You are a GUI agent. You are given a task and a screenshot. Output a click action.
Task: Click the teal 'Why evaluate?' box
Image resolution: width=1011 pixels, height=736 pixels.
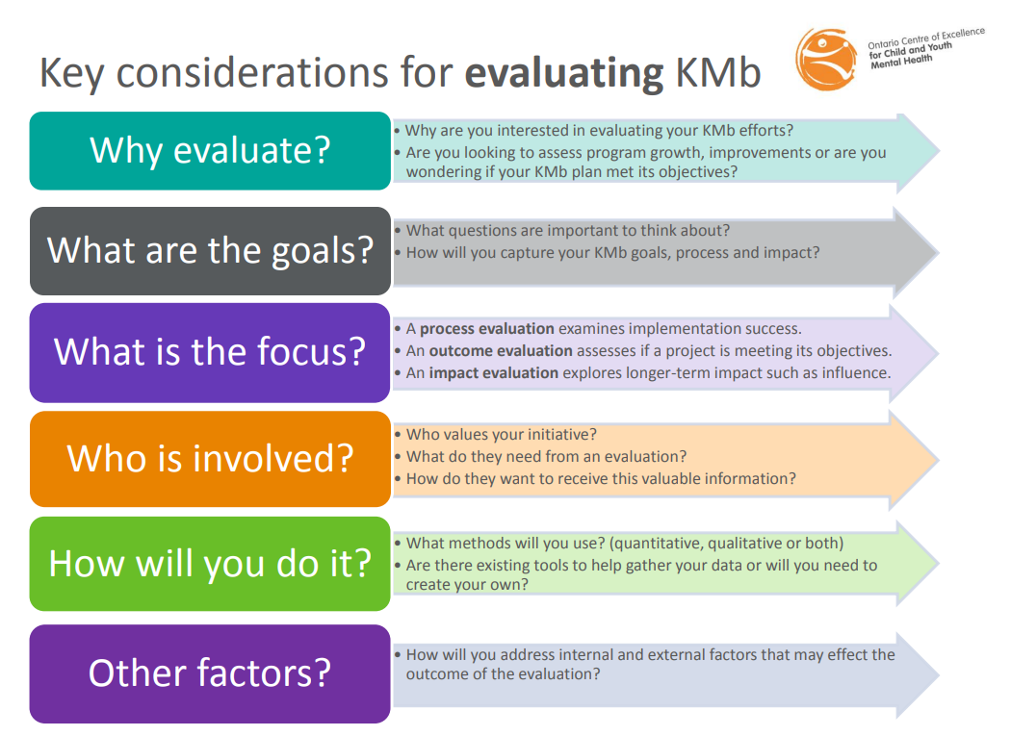(210, 151)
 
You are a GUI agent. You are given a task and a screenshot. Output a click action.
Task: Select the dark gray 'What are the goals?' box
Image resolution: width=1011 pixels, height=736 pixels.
(210, 251)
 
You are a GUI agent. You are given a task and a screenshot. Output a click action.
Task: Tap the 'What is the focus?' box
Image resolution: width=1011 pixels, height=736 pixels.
(210, 352)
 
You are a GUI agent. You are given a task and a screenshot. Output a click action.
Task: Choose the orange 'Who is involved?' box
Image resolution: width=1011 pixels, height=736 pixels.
(210, 459)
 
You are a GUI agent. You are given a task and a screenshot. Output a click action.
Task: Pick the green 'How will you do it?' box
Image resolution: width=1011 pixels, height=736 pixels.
(210, 564)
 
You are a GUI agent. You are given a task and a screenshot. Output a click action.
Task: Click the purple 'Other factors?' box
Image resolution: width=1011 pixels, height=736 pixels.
(210, 673)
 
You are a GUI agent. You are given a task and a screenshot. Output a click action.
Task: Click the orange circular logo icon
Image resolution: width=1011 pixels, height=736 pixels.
(826, 59)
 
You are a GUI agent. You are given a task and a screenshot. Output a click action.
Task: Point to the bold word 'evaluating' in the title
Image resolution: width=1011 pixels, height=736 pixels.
(564, 73)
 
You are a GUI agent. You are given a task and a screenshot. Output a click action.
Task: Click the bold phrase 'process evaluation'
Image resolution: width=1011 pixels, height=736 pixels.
(487, 329)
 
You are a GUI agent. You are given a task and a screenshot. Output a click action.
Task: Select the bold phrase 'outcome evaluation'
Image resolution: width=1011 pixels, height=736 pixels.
(501, 350)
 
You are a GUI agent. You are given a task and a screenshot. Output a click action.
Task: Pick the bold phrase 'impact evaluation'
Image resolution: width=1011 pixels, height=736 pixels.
(494, 373)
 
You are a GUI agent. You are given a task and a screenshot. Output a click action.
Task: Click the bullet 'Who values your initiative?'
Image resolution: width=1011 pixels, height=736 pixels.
(501, 434)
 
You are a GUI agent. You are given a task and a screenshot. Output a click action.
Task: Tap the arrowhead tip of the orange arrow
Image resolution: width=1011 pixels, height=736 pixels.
(938, 460)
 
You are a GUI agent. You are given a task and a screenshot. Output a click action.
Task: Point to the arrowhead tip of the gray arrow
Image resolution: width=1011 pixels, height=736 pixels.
(938, 252)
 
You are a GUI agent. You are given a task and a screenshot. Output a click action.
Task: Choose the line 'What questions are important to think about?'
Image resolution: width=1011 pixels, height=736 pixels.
(568, 231)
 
